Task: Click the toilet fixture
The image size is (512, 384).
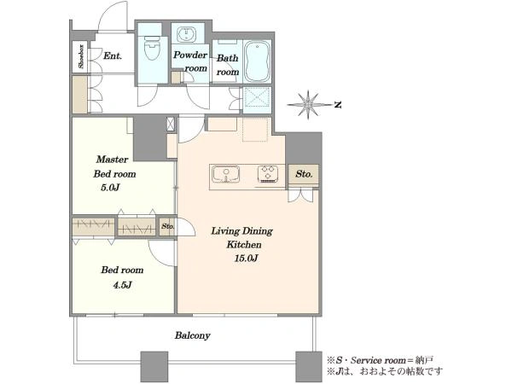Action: click(x=152, y=48)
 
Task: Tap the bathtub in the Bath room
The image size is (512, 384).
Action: click(x=258, y=61)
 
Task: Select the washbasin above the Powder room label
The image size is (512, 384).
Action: click(x=186, y=34)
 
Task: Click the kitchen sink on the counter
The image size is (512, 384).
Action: click(x=225, y=174)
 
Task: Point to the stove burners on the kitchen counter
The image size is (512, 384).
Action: click(x=268, y=174)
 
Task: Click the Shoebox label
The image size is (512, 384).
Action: click(x=81, y=56)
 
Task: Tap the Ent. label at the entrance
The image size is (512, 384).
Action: click(x=113, y=55)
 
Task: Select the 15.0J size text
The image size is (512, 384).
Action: click(x=247, y=259)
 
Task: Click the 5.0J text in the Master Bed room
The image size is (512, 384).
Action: click(x=110, y=188)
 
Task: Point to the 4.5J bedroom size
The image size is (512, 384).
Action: click(x=122, y=285)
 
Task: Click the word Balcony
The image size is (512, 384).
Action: click(x=192, y=335)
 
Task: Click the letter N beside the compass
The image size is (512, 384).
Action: click(x=338, y=105)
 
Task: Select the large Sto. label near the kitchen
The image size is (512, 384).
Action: click(x=304, y=174)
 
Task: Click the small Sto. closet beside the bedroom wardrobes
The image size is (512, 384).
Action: click(x=168, y=226)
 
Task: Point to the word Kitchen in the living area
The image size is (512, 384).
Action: click(x=244, y=245)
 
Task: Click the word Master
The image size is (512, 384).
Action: click(x=112, y=160)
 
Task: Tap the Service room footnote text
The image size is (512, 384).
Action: click(x=380, y=360)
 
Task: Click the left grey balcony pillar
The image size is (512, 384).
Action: click(x=154, y=367)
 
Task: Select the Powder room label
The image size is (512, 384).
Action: click(x=190, y=61)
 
